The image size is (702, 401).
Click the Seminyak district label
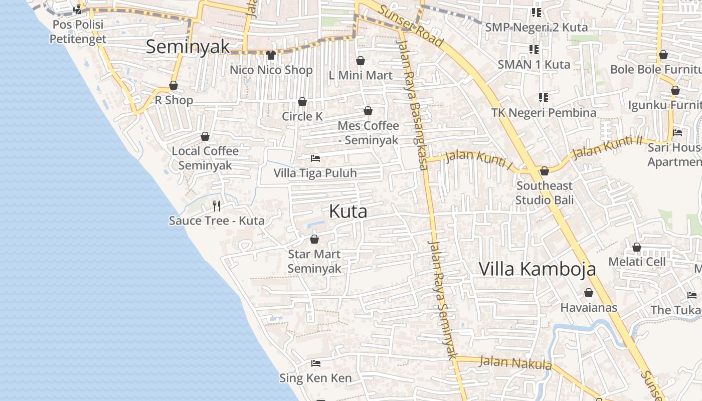(x=188, y=47)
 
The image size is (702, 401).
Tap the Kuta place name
(x=348, y=211)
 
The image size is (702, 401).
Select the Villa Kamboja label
(x=537, y=269)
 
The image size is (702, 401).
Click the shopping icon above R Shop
(x=173, y=85)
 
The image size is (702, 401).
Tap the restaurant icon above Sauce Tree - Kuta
(x=217, y=206)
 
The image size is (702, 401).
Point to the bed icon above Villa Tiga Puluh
(x=315, y=158)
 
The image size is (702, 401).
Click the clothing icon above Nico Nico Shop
(x=271, y=55)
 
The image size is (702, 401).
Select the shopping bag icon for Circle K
(x=302, y=102)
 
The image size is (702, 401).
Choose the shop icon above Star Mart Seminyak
(x=314, y=239)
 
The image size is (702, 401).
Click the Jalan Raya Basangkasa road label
(x=414, y=105)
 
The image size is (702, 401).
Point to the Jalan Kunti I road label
(x=479, y=160)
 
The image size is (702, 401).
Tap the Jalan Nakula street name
(x=515, y=362)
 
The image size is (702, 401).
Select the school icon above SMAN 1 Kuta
(x=534, y=49)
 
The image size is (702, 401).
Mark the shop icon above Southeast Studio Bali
(x=545, y=171)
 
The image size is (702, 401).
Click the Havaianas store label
(x=589, y=307)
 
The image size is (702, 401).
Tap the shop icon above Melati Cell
(x=637, y=247)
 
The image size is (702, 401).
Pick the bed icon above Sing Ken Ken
(x=315, y=363)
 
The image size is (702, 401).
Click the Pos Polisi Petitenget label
(x=78, y=32)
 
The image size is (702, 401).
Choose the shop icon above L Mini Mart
(x=360, y=61)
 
